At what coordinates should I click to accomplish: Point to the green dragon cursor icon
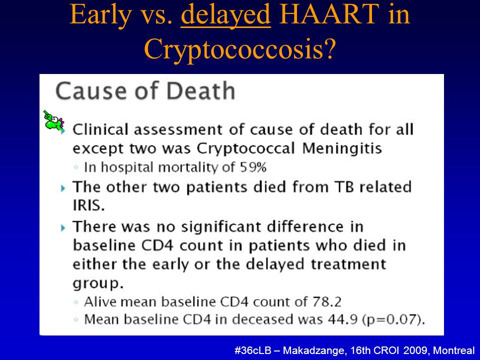pos(53,120)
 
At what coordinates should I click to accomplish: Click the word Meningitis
pos(342,148)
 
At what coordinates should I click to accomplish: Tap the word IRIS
pos(88,205)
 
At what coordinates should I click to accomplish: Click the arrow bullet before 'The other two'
pos(63,188)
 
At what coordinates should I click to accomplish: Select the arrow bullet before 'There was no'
pos(63,228)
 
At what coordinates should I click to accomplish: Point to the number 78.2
pos(326,302)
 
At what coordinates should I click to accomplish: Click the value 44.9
pos(342,319)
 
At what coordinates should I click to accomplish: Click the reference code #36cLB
pos(252,350)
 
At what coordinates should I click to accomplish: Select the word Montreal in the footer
pos(454,350)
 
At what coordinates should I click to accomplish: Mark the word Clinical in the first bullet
pos(100,129)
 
